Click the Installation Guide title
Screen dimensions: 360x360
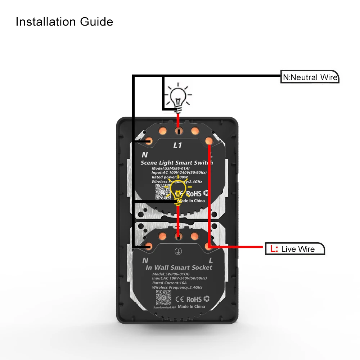coord(64,22)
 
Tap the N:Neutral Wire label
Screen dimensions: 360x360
coord(310,77)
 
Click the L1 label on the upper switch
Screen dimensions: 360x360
coord(177,145)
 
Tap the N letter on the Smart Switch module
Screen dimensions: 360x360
coord(145,155)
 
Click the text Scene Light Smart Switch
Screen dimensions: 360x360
coord(177,163)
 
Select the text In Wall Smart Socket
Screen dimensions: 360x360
coord(179,267)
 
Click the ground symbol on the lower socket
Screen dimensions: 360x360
coord(177,252)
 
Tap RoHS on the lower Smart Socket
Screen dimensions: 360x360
coord(194,299)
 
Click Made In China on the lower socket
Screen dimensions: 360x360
coord(191,306)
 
